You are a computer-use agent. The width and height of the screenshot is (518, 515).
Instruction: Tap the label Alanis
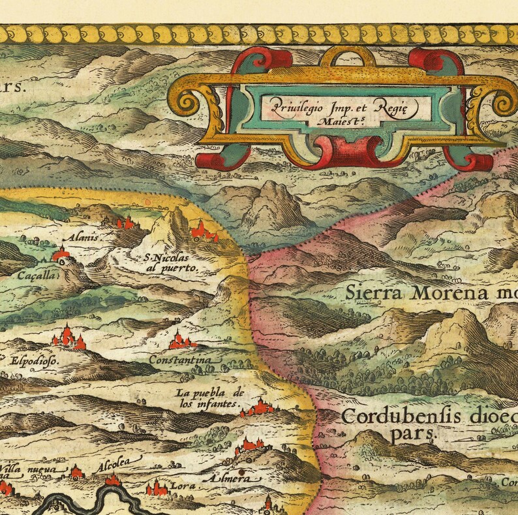(86, 237)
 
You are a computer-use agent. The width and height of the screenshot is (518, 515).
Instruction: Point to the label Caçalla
(38, 276)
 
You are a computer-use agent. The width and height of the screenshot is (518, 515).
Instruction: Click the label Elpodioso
(33, 359)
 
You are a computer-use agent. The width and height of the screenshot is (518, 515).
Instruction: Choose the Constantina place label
(180, 360)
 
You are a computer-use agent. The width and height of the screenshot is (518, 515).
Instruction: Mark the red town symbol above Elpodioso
(68, 337)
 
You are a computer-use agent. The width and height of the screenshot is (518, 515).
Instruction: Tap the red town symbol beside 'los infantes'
(260, 407)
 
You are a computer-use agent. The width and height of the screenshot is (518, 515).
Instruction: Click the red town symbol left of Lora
(157, 488)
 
